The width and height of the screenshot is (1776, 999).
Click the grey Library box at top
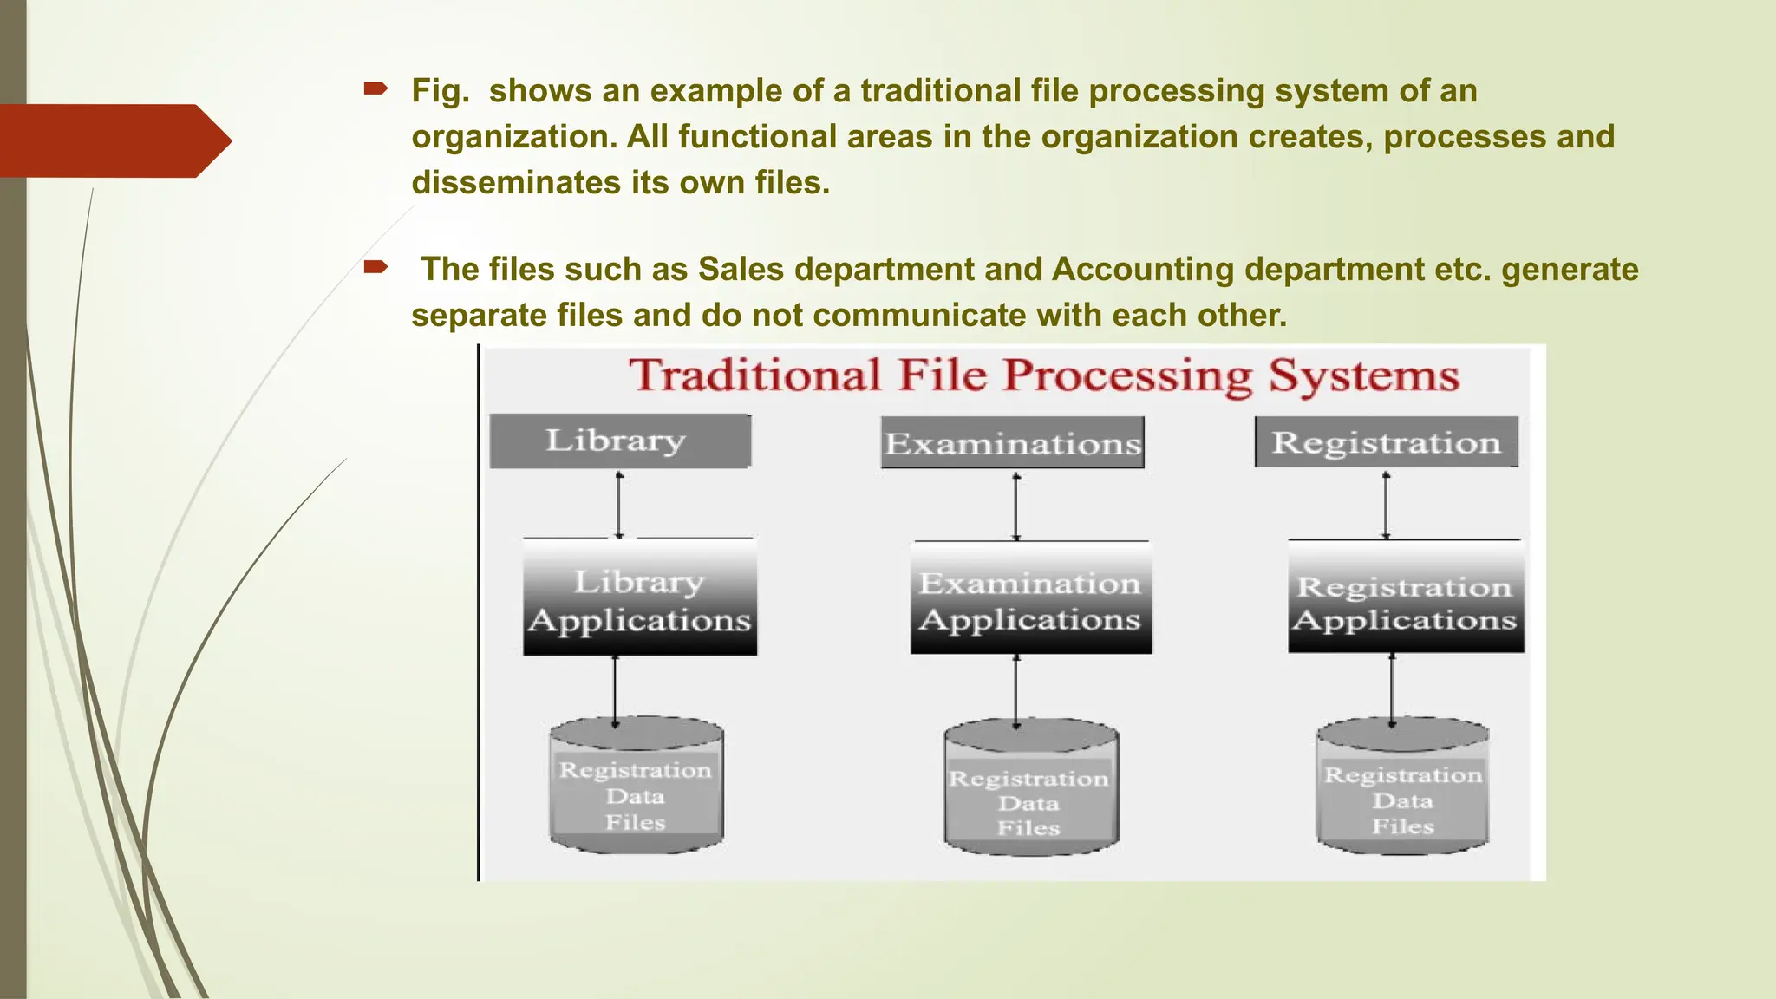click(620, 441)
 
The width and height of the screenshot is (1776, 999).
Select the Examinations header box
click(1012, 443)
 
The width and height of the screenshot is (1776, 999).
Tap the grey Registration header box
click(1386, 442)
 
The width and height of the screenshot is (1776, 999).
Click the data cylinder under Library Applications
click(637, 786)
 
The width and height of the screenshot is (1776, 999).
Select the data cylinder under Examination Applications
click(1030, 789)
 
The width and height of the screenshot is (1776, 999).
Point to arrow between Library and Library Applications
click(619, 505)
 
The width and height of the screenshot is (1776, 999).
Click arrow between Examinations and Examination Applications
click(1016, 506)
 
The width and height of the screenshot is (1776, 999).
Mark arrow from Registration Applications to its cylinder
click(1392, 689)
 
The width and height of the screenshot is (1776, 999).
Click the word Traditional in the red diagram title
click(754, 376)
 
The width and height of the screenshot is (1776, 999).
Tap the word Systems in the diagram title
click(1363, 376)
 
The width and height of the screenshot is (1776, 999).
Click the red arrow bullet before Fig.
click(375, 88)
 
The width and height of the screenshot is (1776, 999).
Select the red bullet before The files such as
click(375, 266)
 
